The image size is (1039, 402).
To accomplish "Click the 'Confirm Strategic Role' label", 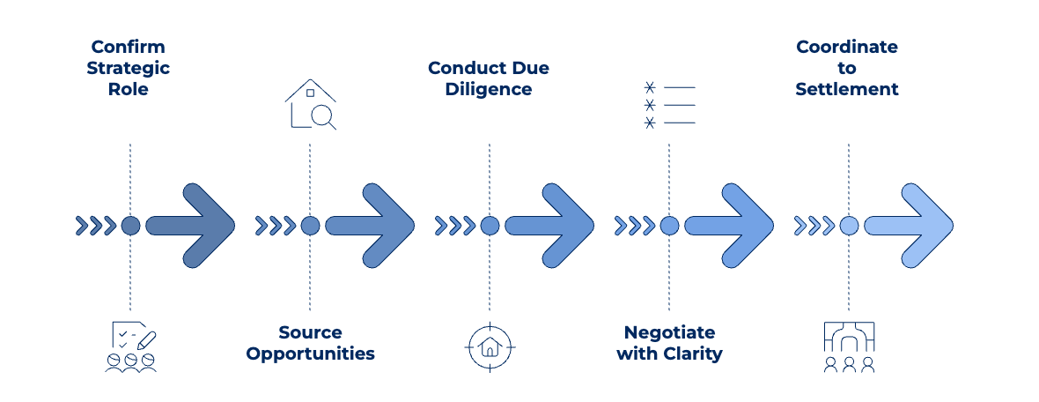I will [129, 68].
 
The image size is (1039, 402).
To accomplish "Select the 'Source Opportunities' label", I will [310, 343].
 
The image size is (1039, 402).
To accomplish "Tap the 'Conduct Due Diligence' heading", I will [489, 78].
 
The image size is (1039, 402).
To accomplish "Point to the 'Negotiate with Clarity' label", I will [669, 343].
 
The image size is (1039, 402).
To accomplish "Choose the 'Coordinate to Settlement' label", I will [847, 68].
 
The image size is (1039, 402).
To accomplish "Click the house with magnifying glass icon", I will [311, 105].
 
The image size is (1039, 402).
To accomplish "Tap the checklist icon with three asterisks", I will [669, 105].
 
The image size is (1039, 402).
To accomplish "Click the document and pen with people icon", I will [131, 346].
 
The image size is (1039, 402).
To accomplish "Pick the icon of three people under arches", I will [849, 346].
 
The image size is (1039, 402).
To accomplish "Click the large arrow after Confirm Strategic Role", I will [194, 226].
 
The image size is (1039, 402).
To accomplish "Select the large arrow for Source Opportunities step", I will [373, 226].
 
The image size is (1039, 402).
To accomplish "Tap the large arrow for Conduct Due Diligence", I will [553, 226].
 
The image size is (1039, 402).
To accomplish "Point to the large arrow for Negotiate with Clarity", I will [733, 226].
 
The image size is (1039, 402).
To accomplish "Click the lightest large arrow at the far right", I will [912, 226].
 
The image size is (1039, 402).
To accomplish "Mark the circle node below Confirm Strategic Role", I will [130, 226].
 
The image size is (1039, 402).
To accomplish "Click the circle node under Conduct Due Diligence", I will [490, 226].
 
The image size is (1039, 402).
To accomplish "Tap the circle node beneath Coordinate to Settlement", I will [849, 226].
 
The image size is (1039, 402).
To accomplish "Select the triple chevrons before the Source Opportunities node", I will [275, 226].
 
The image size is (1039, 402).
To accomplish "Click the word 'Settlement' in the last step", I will [847, 89].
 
